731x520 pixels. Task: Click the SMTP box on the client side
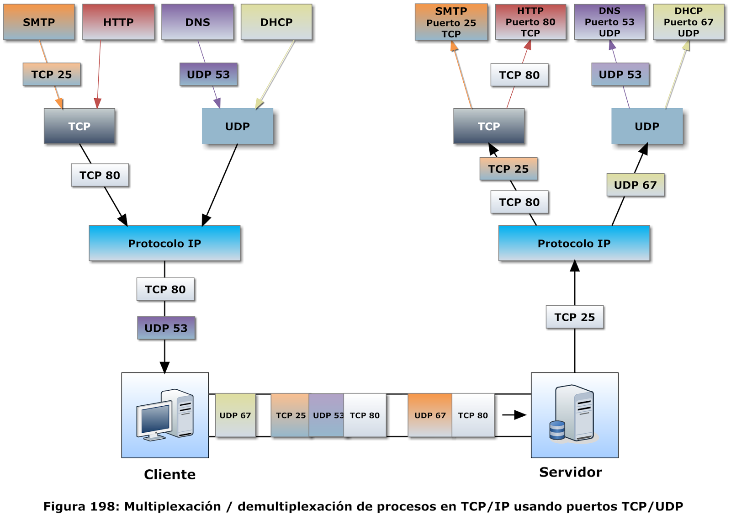click(x=39, y=22)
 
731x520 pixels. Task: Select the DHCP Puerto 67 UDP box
click(x=689, y=22)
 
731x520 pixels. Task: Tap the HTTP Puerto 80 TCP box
click(x=530, y=22)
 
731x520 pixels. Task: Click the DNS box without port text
click(x=197, y=22)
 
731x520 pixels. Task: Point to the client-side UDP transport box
click(x=237, y=126)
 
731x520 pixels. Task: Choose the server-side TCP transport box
click(x=488, y=126)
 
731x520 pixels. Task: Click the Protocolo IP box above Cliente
click(x=164, y=243)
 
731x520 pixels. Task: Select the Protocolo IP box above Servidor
click(x=574, y=243)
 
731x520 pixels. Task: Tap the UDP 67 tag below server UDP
click(x=635, y=185)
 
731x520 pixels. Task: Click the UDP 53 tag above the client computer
click(x=166, y=328)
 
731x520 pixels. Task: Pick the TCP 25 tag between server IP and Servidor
click(x=574, y=317)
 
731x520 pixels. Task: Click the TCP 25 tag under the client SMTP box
click(x=51, y=74)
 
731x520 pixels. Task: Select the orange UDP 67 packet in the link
click(x=429, y=415)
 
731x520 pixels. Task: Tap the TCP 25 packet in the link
click(x=290, y=415)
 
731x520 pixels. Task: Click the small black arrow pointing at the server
click(x=514, y=415)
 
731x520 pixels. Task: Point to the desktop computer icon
click(x=164, y=415)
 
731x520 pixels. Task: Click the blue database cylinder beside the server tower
click(x=557, y=430)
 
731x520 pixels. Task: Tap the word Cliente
click(x=170, y=474)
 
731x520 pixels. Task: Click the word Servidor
click(x=570, y=472)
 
